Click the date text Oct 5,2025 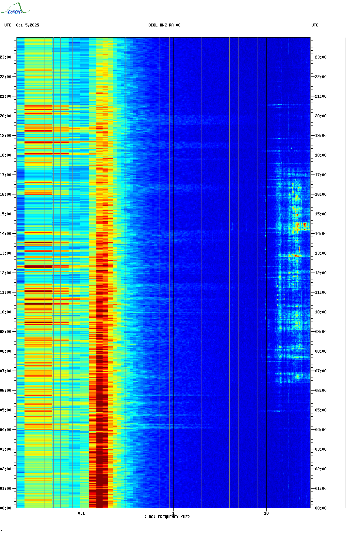pyautogui.click(x=27, y=25)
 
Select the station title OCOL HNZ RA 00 pyautogui.click(x=164, y=25)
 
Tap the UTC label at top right pyautogui.click(x=315, y=25)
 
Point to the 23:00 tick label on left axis pyautogui.click(x=6, y=57)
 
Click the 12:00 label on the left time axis pyautogui.click(x=6, y=273)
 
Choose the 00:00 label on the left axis pyautogui.click(x=6, y=508)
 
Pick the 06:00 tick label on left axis pyautogui.click(x=6, y=391)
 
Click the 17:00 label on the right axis pyautogui.click(x=321, y=175)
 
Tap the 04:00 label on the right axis pyautogui.click(x=321, y=430)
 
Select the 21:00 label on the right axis pyautogui.click(x=321, y=96)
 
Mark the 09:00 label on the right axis pyautogui.click(x=321, y=332)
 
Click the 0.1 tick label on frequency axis pyautogui.click(x=81, y=513)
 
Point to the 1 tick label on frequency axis pyautogui.click(x=173, y=513)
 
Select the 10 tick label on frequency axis pyautogui.click(x=266, y=513)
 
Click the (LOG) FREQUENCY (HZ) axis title pyautogui.click(x=167, y=517)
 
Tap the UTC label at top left pyautogui.click(x=8, y=25)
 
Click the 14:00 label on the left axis pyautogui.click(x=6, y=234)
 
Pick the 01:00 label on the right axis pyautogui.click(x=321, y=489)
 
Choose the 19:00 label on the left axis pyautogui.click(x=6, y=136)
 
